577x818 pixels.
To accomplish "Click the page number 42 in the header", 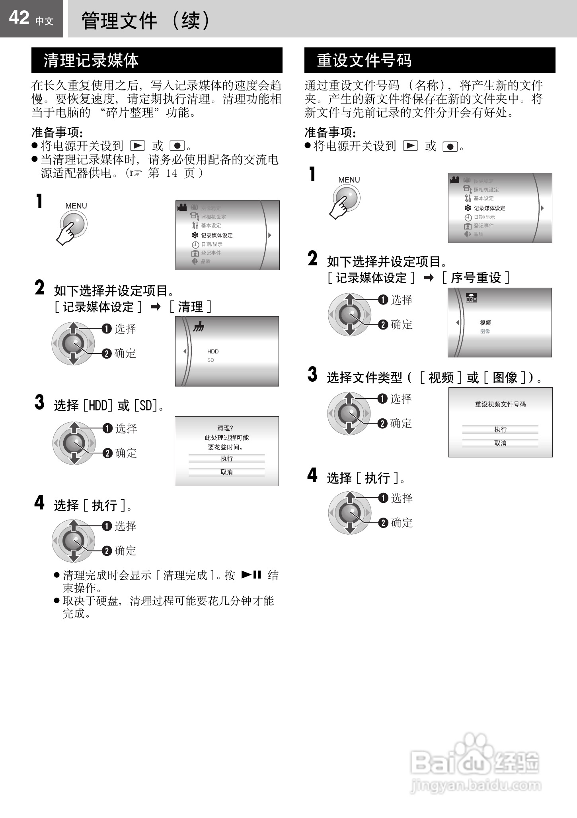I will (19, 18).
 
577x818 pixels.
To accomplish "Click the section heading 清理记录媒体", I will (91, 61).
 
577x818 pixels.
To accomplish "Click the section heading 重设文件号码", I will (364, 61).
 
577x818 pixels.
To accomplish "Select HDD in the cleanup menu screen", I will (213, 351).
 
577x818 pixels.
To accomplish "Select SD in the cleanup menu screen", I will (211, 360).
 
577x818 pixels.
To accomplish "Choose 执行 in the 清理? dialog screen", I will (226, 459).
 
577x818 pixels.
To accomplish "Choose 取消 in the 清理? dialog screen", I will (226, 472).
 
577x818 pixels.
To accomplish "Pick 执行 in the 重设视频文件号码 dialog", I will (500, 430).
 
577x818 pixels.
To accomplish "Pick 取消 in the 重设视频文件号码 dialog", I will (500, 443).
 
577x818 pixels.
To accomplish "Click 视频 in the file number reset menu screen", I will (485, 323).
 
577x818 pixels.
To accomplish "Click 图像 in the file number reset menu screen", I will (485, 332).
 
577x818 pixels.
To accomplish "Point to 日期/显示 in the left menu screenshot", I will (211, 245).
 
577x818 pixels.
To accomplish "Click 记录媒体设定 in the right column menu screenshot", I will (489, 208).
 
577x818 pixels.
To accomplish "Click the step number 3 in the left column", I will (39, 402).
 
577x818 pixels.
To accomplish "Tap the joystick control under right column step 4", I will (349, 513).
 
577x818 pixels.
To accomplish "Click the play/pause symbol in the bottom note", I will (251, 575).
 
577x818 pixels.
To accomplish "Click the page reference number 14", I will (172, 174).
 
